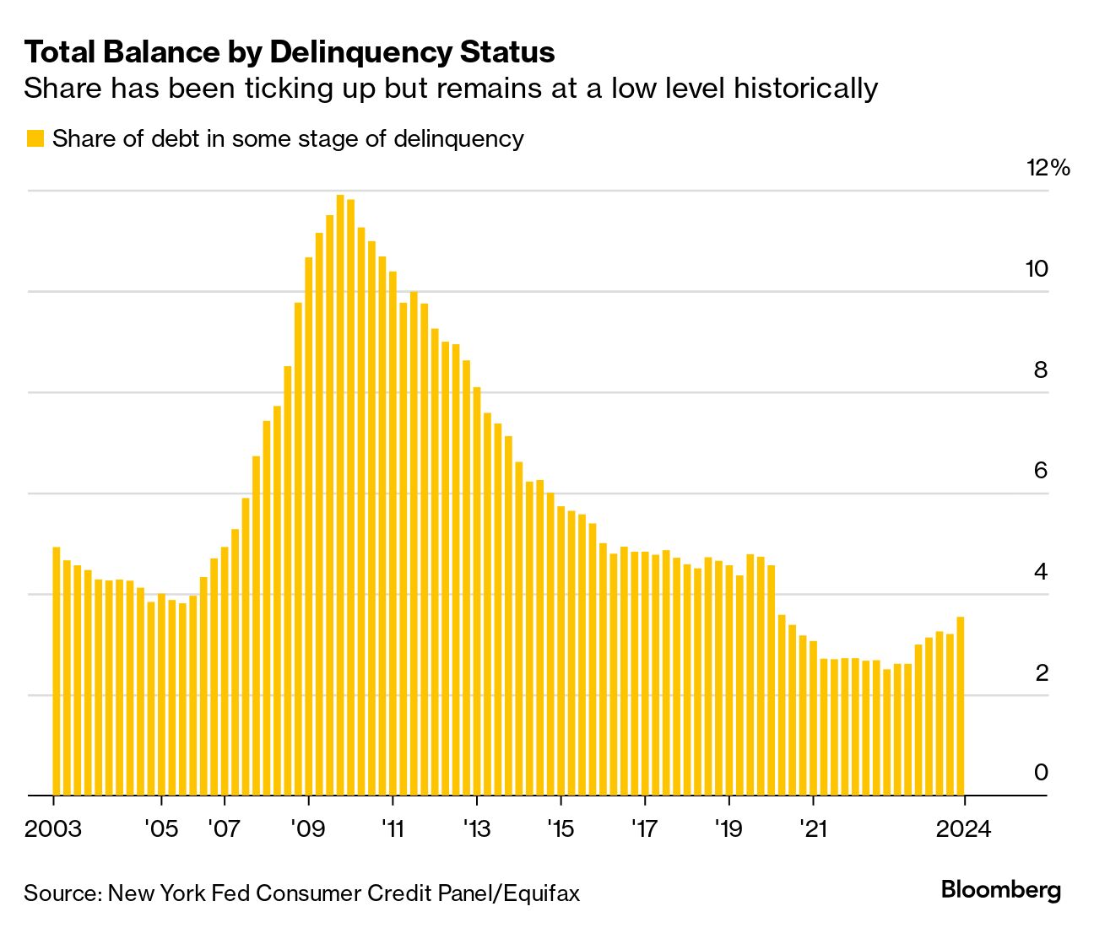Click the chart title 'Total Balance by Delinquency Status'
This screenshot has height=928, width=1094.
point(290,52)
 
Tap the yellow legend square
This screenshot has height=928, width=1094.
point(35,138)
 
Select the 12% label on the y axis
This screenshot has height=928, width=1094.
point(1048,168)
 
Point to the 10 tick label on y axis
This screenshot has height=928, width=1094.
point(1037,269)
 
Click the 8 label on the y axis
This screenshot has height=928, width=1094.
point(1041,370)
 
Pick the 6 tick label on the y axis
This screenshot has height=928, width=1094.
point(1041,470)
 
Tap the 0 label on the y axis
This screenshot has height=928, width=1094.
point(1041,772)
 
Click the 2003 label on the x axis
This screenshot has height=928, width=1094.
point(53,828)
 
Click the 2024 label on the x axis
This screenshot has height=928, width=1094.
point(963,828)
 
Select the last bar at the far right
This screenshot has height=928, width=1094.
point(961,706)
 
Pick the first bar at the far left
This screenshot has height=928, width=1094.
point(57,671)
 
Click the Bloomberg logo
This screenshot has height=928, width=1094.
point(1001,890)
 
